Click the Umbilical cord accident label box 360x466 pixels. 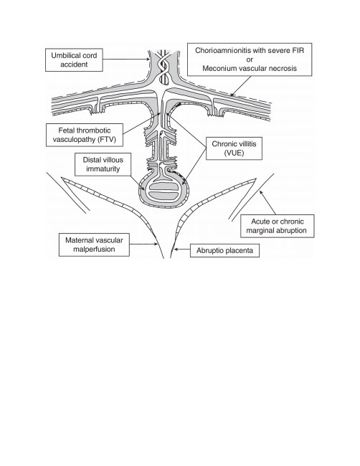click(74, 60)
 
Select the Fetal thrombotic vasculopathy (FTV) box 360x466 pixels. click(85, 135)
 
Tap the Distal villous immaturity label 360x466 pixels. click(103, 164)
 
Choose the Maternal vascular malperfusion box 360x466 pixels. click(94, 244)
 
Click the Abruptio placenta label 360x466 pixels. click(224, 250)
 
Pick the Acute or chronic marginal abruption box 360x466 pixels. click(277, 226)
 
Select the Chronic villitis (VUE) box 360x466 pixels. click(234, 148)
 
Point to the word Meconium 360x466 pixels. click(217, 68)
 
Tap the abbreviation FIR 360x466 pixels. click(298, 50)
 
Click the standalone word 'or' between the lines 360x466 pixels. click(250, 60)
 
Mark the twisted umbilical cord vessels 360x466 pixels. click(164, 67)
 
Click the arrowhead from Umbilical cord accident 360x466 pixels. click(148, 60)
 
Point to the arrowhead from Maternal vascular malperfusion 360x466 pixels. click(156, 244)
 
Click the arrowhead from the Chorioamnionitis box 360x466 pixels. click(232, 95)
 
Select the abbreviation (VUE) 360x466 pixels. click(234, 153)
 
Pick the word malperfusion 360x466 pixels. click(94, 249)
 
